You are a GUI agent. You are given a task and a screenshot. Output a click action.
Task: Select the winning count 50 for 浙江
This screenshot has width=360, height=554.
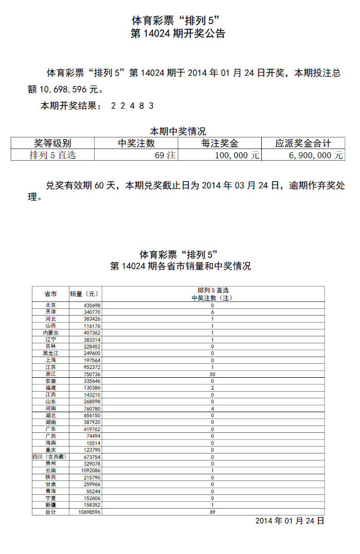[212, 374]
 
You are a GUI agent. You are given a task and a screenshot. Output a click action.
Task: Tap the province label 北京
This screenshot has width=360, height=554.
[50, 305]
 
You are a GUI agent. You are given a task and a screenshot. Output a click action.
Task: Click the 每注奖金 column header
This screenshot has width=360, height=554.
[220, 143]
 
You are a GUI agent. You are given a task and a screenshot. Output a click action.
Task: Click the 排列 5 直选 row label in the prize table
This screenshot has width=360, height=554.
[52, 155]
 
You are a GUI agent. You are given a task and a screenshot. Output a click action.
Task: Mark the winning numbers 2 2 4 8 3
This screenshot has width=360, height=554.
[133, 106]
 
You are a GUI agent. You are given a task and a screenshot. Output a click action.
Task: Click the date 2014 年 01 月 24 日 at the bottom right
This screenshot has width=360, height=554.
[290, 521]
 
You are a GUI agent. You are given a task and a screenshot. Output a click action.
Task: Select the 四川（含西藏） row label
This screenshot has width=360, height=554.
[50, 457]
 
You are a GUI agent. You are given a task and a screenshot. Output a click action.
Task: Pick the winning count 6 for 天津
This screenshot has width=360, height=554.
[212, 312]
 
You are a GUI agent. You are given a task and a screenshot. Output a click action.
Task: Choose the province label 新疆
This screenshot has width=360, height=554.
[50, 505]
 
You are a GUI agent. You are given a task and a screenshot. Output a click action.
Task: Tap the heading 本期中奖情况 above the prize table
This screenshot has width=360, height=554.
[177, 132]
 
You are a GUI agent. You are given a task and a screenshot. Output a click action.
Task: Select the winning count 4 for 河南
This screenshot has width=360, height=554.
[212, 409]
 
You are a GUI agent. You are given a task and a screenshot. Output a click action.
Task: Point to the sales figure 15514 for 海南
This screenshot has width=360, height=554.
[93, 443]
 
